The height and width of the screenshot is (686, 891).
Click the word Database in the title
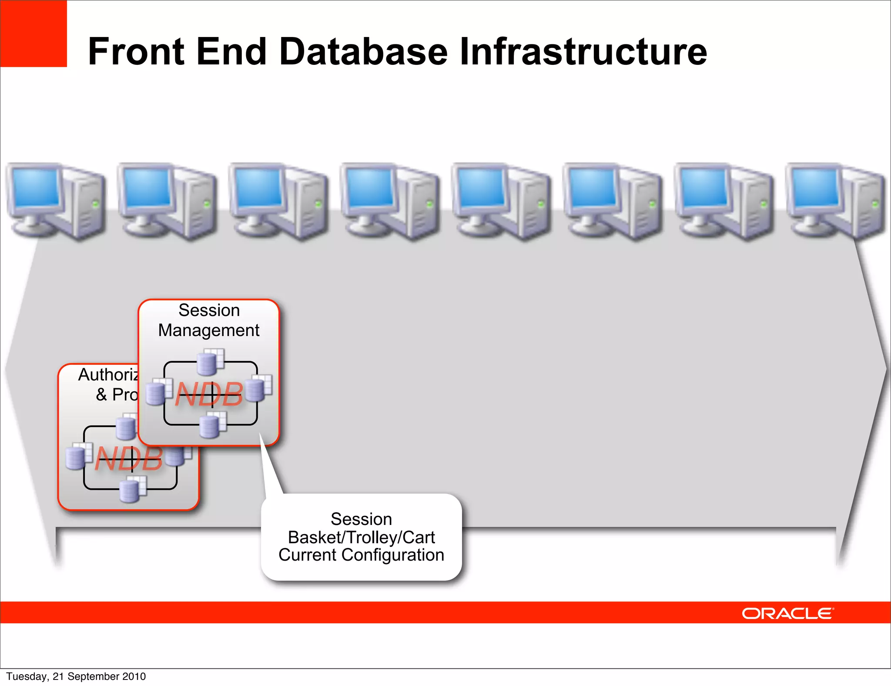click(363, 51)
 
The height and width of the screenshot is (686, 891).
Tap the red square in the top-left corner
click(33, 34)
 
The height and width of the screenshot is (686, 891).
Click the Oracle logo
click(787, 613)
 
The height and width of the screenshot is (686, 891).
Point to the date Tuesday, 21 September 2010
click(76, 676)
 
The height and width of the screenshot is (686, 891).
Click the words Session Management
click(209, 320)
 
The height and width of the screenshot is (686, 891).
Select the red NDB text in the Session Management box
click(209, 394)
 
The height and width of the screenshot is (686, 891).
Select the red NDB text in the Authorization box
click(129, 458)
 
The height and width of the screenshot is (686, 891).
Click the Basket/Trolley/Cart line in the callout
click(361, 538)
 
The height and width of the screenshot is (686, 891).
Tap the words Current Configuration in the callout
click(361, 555)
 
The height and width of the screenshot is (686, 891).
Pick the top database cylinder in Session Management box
click(208, 364)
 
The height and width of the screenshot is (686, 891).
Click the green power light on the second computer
click(207, 203)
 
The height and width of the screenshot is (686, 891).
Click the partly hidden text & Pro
click(117, 395)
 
